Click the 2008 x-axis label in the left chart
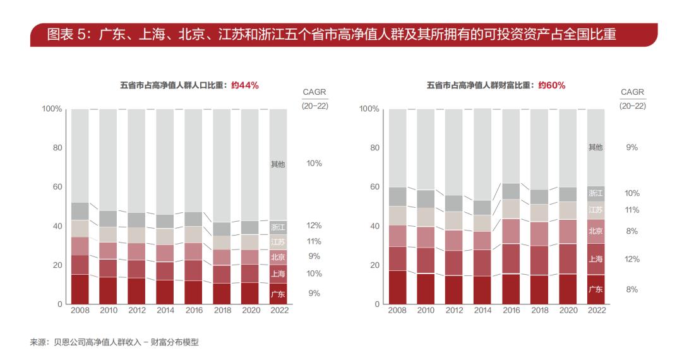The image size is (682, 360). coord(80,310)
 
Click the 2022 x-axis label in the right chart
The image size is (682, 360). coord(596,310)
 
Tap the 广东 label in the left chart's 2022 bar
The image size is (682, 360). coord(278,294)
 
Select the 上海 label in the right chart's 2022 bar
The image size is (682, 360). coord(595,259)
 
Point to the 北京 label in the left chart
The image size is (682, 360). coord(278,257)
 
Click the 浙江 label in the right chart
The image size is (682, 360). coord(595,193)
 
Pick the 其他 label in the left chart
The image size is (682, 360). coord(278,164)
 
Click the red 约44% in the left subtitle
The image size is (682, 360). coord(244,85)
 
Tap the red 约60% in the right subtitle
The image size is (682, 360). coord(551,85)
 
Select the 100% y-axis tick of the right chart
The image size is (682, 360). coord(369,109)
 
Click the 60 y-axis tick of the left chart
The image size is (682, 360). coord(58,187)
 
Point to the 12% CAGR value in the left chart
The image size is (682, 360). coord(314,225)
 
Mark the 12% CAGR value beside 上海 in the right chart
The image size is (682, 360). coord(631,259)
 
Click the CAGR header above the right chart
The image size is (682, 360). coord(632,92)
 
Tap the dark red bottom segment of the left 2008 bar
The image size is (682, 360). coord(80,289)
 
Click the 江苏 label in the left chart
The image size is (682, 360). coord(278,242)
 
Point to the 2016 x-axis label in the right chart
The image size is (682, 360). coord(511,310)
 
